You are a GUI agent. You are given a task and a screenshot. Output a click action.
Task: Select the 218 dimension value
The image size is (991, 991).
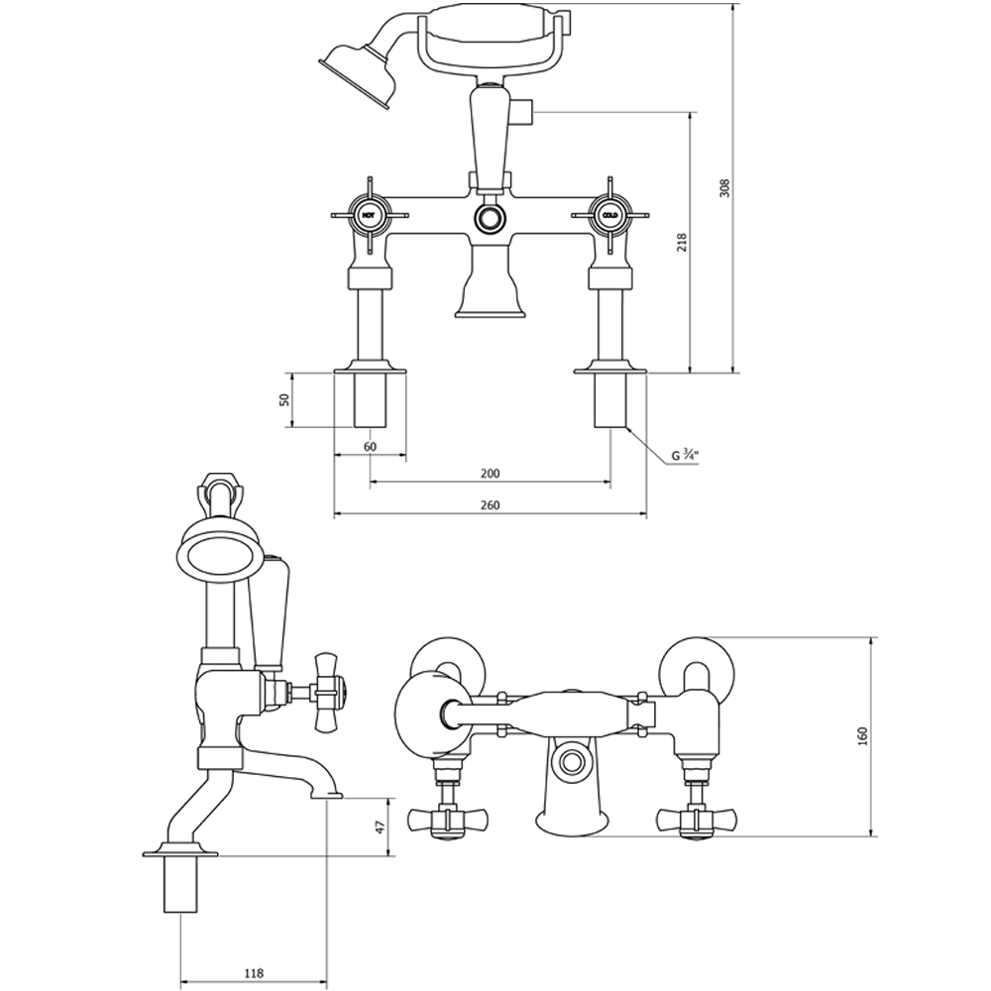(681, 243)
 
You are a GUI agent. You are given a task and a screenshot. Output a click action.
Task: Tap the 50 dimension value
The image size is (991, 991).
(282, 400)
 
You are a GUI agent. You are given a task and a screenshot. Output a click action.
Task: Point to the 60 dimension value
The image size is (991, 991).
(370, 447)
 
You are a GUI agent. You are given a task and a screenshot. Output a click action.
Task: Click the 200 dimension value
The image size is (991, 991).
(490, 473)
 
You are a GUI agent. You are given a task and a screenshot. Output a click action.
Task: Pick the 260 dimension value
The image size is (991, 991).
(490, 504)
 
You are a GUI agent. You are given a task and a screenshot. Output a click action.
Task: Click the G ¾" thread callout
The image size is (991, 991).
(684, 456)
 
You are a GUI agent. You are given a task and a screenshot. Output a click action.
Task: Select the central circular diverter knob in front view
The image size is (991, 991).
(489, 218)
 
